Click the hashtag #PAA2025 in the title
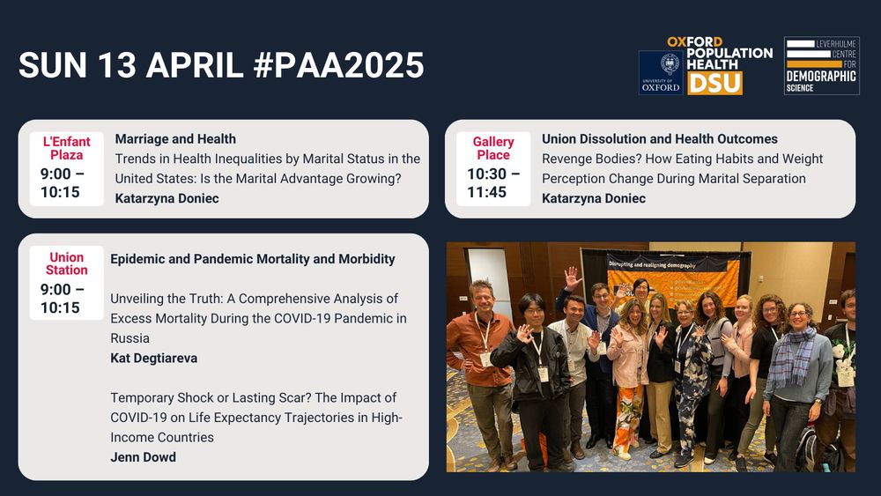[339, 65]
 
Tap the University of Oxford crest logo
[661, 72]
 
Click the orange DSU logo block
[714, 83]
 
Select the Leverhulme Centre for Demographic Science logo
[821, 66]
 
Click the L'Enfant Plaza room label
[66, 148]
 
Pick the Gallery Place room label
[493, 148]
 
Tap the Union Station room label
[66, 263]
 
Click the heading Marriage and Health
[175, 138]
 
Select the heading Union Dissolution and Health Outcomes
[660, 138]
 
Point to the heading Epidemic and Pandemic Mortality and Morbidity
[252, 259]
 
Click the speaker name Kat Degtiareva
[154, 358]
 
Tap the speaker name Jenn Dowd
[144, 457]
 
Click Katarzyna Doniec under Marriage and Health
[167, 198]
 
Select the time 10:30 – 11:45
[493, 183]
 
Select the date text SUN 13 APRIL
[131, 65]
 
